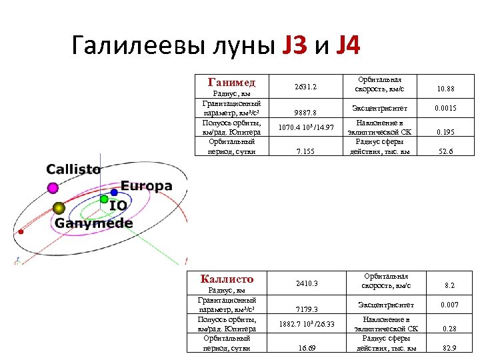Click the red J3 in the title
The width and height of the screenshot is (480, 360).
click(295, 47)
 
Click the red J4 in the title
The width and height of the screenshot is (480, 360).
click(348, 47)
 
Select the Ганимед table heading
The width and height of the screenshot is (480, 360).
click(231, 82)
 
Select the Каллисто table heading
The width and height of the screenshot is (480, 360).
click(227, 279)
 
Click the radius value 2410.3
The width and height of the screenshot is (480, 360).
click(306, 284)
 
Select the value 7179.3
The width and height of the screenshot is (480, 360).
click(306, 309)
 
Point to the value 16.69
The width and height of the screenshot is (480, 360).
click(306, 348)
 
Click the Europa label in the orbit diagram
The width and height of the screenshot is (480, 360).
click(146, 186)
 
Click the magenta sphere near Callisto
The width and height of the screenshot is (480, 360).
click(53, 189)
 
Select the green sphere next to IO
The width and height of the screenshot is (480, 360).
click(103, 199)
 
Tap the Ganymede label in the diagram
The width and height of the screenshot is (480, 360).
click(93, 223)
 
